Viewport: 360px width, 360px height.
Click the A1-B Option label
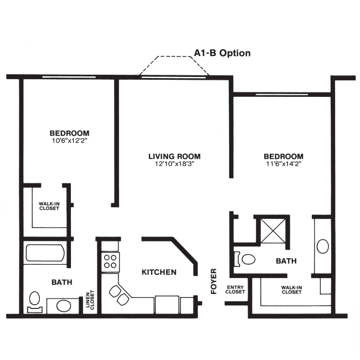click(x=222, y=53)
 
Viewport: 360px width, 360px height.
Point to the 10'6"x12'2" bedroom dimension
click(x=69, y=141)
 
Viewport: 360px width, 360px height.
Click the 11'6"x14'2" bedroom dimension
click(x=283, y=164)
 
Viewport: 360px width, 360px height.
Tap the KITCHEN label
click(x=159, y=272)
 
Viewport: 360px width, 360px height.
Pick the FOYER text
click(x=214, y=281)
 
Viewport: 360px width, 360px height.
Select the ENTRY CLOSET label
click(x=235, y=290)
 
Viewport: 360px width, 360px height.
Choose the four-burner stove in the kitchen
click(x=110, y=261)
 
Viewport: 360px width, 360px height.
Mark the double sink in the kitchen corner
click(x=119, y=294)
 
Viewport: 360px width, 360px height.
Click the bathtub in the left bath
click(x=45, y=254)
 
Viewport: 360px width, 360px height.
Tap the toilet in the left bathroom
click(x=34, y=301)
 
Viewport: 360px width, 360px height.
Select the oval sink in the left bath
click(x=63, y=305)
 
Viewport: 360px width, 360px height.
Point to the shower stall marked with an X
click(x=272, y=230)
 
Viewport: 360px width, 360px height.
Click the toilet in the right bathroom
click(x=245, y=259)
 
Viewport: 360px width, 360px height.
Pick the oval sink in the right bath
click(x=322, y=245)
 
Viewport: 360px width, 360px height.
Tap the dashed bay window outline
click(x=175, y=64)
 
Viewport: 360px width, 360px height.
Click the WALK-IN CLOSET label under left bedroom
click(x=49, y=207)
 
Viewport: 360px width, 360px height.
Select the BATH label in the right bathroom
click(x=286, y=261)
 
